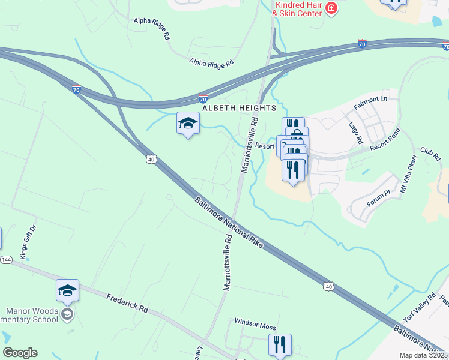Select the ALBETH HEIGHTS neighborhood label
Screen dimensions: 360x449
coord(239,108)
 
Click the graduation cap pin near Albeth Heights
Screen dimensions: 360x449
coord(188,124)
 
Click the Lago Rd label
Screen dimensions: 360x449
coord(356,133)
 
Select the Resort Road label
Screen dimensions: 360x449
coord(385,139)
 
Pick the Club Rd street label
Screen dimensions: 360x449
coord(430,154)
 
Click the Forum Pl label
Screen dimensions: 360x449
coord(379,199)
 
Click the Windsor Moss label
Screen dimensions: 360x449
coord(255,326)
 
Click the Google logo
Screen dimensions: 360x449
coord(20,353)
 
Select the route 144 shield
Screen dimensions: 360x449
coord(6,260)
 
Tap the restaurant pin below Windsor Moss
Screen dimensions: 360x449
coord(280,345)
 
